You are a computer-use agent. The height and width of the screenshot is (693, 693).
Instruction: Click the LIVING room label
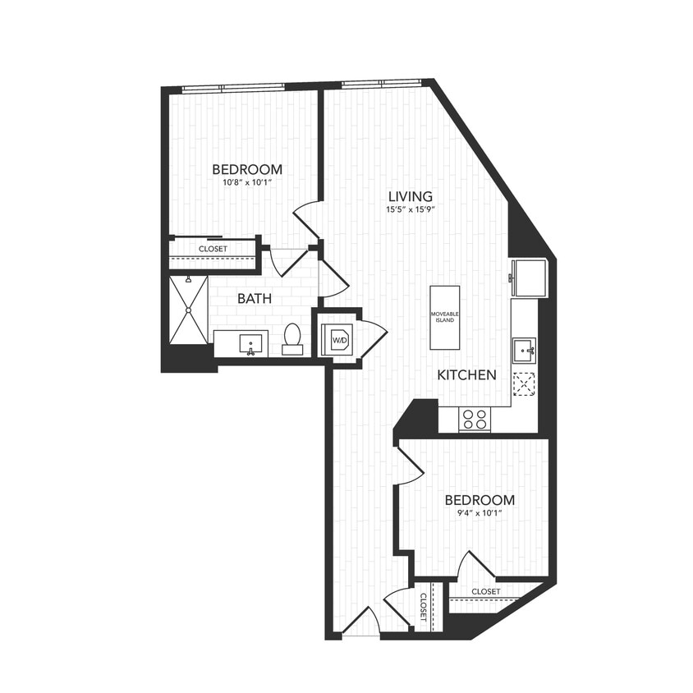tap(410, 196)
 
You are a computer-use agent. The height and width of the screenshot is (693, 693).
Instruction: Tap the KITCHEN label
tap(466, 375)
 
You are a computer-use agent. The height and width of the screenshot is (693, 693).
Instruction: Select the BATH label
tap(255, 298)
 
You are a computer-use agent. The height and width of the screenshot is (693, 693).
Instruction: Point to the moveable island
tap(445, 317)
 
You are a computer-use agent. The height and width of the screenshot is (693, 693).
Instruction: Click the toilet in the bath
tap(292, 339)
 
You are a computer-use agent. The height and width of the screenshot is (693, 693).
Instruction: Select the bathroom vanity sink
tap(250, 343)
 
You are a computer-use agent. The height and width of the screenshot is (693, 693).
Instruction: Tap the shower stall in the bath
tap(189, 310)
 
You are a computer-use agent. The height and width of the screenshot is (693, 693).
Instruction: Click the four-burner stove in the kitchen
tap(474, 419)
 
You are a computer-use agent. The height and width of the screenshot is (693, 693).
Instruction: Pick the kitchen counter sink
tap(523, 351)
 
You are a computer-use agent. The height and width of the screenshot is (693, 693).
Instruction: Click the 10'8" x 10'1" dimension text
tap(246, 183)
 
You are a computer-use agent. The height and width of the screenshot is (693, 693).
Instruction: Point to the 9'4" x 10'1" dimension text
tap(480, 513)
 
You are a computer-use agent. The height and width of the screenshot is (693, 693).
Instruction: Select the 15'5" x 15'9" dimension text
tap(410, 209)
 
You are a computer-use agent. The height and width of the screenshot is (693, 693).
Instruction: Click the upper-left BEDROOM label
tap(246, 169)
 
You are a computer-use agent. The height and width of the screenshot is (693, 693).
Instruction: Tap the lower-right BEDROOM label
tap(480, 500)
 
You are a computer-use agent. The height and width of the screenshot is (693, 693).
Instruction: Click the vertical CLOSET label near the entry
tap(424, 608)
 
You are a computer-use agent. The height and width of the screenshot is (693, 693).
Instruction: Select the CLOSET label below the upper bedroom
tap(213, 249)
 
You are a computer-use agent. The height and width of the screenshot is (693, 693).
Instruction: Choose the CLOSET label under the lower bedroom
tap(486, 591)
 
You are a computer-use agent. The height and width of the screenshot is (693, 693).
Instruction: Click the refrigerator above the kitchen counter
tap(528, 278)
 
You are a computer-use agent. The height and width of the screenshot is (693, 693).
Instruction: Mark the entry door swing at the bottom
tap(361, 622)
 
